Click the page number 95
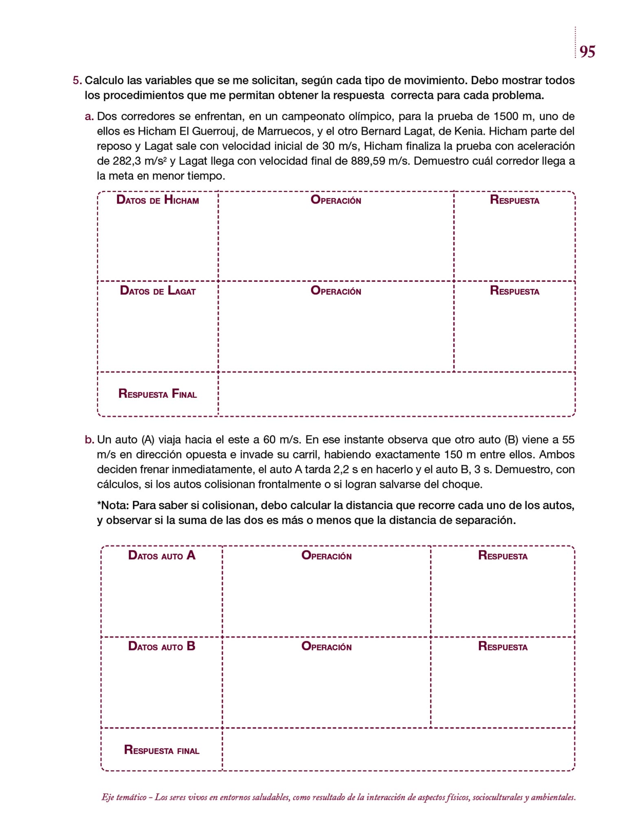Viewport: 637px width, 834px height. point(587,52)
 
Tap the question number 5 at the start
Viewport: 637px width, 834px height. point(76,81)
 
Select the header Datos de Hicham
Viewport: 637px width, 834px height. point(158,200)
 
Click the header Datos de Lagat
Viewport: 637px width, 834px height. point(158,291)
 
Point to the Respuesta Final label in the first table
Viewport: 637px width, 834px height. point(158,394)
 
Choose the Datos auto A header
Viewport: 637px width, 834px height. point(162,555)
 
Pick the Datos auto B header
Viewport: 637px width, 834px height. point(162,646)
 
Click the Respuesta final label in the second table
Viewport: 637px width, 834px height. point(162,750)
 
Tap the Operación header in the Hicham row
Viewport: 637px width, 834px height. point(336,200)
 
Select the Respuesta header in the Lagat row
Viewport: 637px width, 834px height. point(514,291)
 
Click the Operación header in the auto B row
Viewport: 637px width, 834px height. point(326,646)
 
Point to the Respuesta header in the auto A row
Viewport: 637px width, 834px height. point(503,555)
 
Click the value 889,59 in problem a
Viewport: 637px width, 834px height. point(368,161)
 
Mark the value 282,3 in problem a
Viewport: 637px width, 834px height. point(127,161)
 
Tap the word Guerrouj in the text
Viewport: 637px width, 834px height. point(212,132)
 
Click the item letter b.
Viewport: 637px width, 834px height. point(89,440)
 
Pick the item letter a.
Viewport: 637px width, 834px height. point(89,117)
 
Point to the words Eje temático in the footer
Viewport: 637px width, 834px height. point(124,797)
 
